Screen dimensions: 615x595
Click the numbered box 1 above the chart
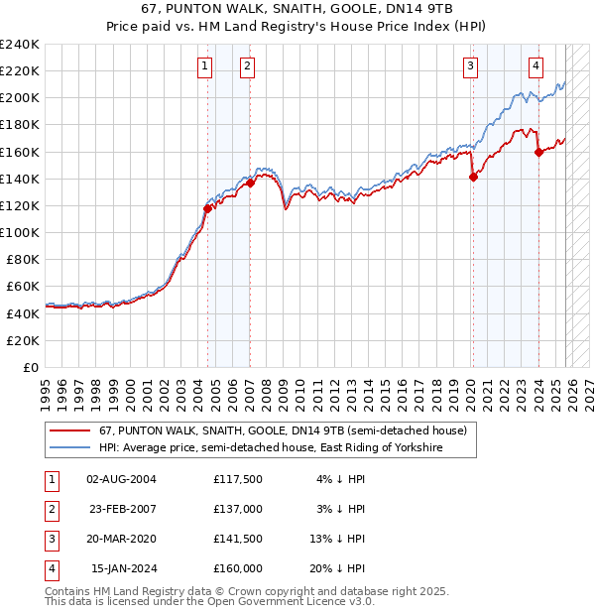[x=204, y=66]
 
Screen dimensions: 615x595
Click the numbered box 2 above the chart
[x=247, y=66]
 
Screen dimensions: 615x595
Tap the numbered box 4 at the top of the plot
[x=535, y=66]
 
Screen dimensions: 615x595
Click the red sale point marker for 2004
[x=207, y=208]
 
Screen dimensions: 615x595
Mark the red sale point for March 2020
[x=473, y=177]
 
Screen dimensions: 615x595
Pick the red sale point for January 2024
[x=538, y=152]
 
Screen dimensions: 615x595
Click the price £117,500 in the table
[x=237, y=479]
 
